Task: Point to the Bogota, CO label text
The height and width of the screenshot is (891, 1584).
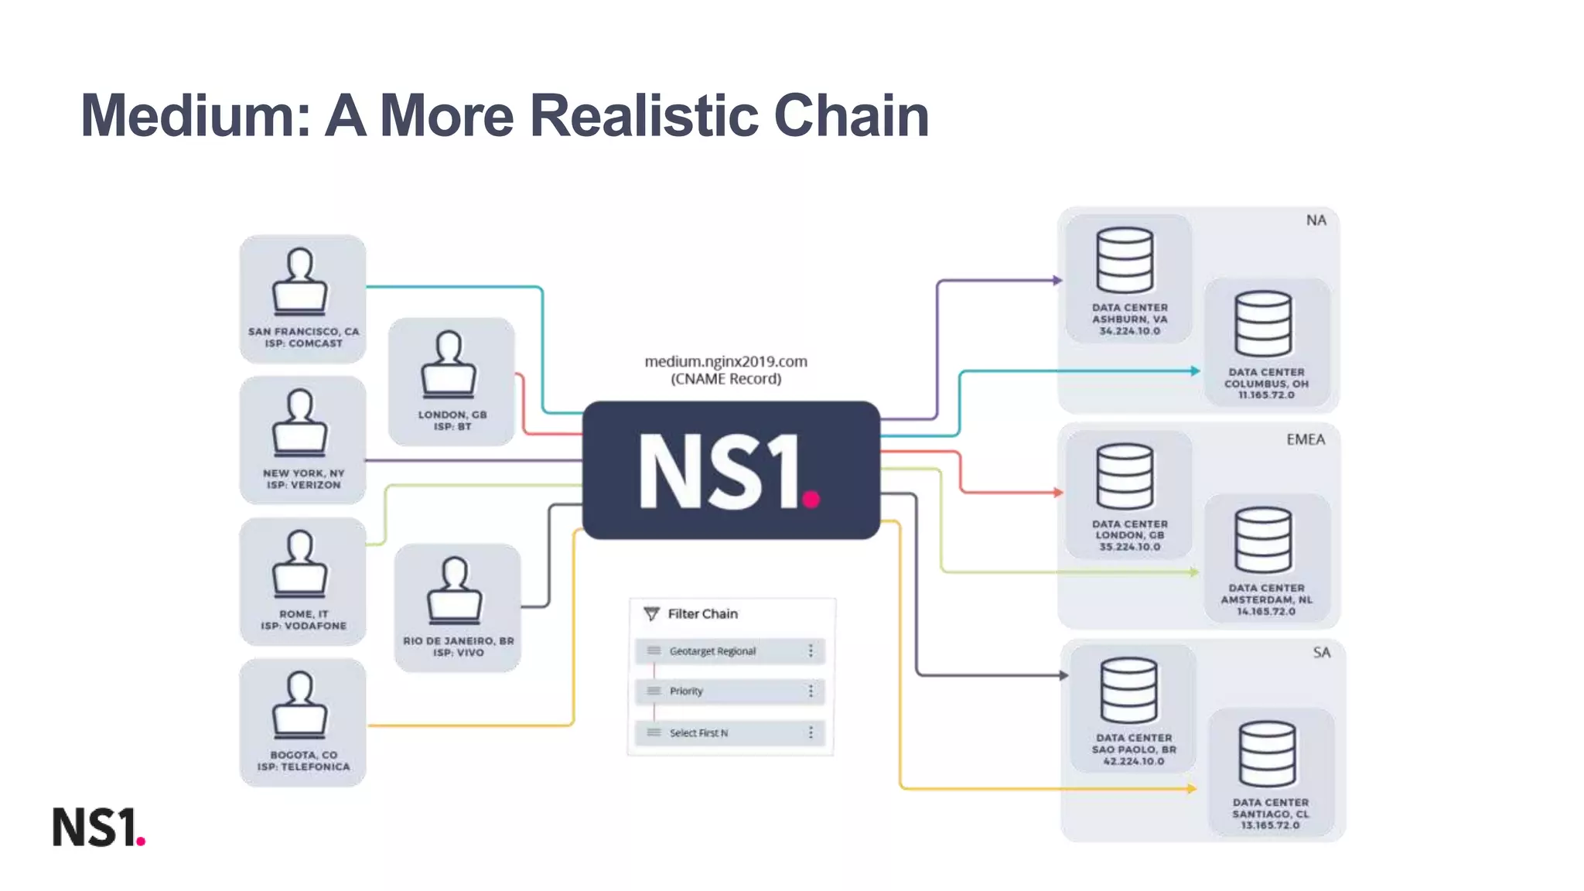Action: [303, 755]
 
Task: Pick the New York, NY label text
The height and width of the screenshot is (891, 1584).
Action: [303, 473]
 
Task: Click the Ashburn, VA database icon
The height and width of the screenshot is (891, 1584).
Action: [1125, 260]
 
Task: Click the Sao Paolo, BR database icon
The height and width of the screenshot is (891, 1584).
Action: [1129, 690]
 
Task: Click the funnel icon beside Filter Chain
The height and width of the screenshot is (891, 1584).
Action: [652, 614]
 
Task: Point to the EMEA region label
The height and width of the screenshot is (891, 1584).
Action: [1306, 439]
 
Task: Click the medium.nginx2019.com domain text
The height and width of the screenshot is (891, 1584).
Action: [725, 361]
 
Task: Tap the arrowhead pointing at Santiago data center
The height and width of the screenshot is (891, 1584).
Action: [1192, 788]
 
